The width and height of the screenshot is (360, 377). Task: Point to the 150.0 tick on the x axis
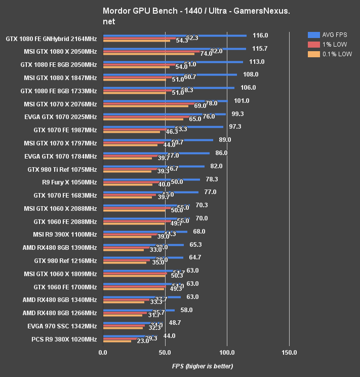[289, 352]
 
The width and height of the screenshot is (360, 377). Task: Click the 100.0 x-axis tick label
[227, 352]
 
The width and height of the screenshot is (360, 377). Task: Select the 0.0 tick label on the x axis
[103, 352]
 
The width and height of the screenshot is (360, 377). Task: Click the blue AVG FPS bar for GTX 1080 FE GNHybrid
[175, 35]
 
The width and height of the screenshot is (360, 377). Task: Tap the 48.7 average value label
[175, 323]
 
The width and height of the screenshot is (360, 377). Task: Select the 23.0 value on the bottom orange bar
[143, 342]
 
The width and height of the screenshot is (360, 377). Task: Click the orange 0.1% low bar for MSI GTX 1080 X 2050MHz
[149, 54]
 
